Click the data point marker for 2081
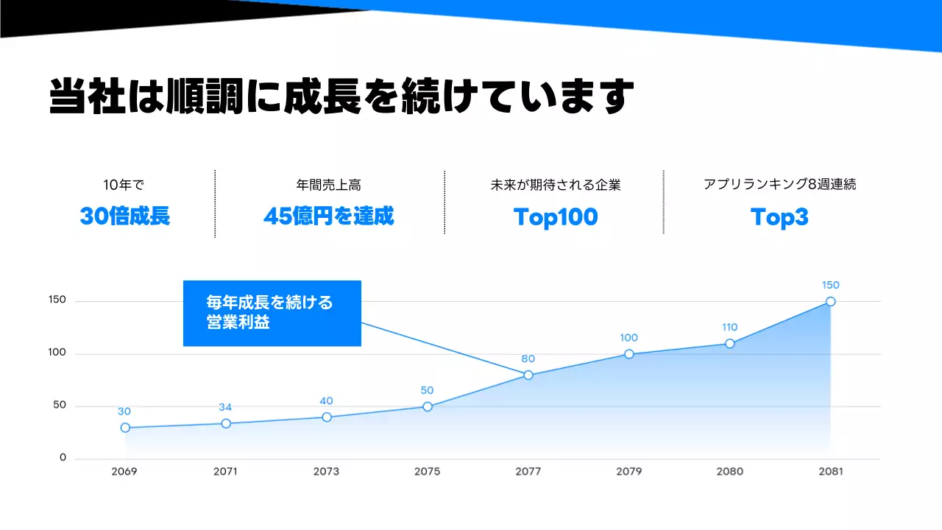[830, 301]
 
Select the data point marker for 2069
[125, 428]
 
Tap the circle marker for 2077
[528, 375]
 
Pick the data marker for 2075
[428, 406]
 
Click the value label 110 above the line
[729, 328]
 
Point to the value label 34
[226, 408]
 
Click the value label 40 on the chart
[326, 401]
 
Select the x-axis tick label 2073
[326, 472]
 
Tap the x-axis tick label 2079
[628, 472]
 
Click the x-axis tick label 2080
[729, 472]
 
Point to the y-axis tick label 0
[63, 458]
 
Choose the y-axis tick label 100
[57, 353]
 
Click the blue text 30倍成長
[125, 216]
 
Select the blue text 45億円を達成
[328, 216]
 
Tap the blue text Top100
[556, 217]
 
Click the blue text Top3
[779, 217]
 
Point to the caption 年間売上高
[328, 185]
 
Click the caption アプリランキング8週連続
[779, 184]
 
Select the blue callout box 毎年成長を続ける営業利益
[272, 313]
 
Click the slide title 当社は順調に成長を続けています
[341, 97]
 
